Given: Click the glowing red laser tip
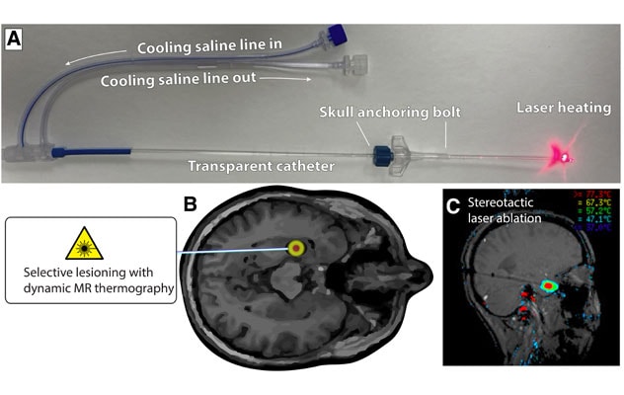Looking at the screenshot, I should [x=564, y=154].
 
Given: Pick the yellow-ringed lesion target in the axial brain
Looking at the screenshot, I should [x=295, y=249].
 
